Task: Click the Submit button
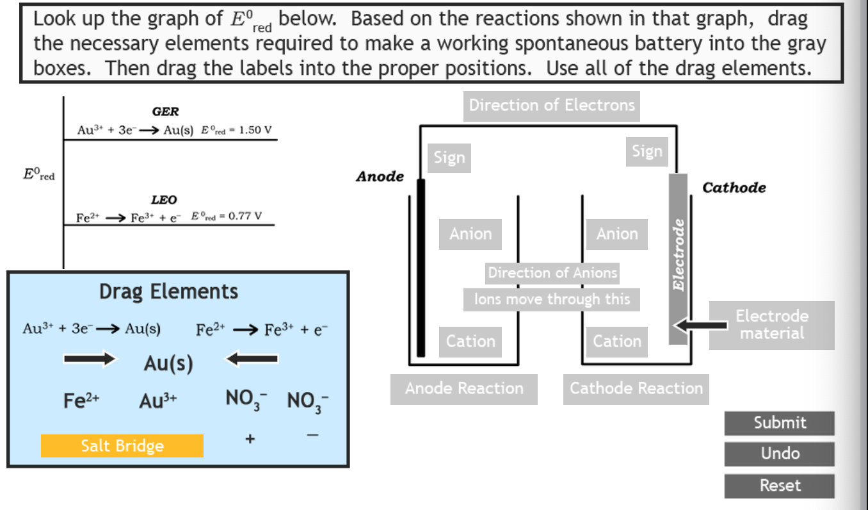pos(779,423)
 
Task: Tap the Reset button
pos(779,486)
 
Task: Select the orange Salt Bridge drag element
pos(122,446)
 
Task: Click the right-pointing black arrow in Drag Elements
pos(90,359)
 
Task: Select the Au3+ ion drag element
pos(158,401)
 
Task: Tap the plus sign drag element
pos(250,439)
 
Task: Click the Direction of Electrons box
pos(552,106)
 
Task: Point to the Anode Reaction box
pos(464,388)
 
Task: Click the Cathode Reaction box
pos(636,388)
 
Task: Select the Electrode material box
pos(771,325)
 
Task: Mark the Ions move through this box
pos(552,299)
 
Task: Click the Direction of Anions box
pos(552,274)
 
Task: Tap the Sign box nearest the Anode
pos(449,158)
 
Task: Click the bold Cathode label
pos(734,188)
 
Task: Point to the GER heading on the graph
pos(165,111)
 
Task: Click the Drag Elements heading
pos(168,292)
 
